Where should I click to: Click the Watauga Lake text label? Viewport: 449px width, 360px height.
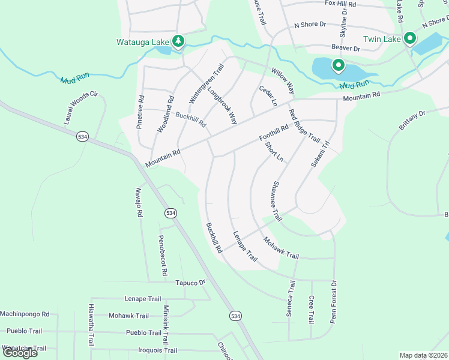[x=143, y=42]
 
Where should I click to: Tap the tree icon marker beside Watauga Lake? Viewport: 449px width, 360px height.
[x=178, y=41]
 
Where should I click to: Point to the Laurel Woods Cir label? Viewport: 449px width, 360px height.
[x=80, y=108]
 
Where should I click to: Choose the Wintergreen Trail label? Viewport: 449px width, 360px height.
[x=206, y=83]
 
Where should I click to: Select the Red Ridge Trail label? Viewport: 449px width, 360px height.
[x=304, y=125]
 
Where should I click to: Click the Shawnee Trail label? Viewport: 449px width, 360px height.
[x=277, y=201]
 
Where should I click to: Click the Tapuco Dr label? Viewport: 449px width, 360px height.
[x=190, y=283]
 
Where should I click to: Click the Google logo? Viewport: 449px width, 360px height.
[x=20, y=352]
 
